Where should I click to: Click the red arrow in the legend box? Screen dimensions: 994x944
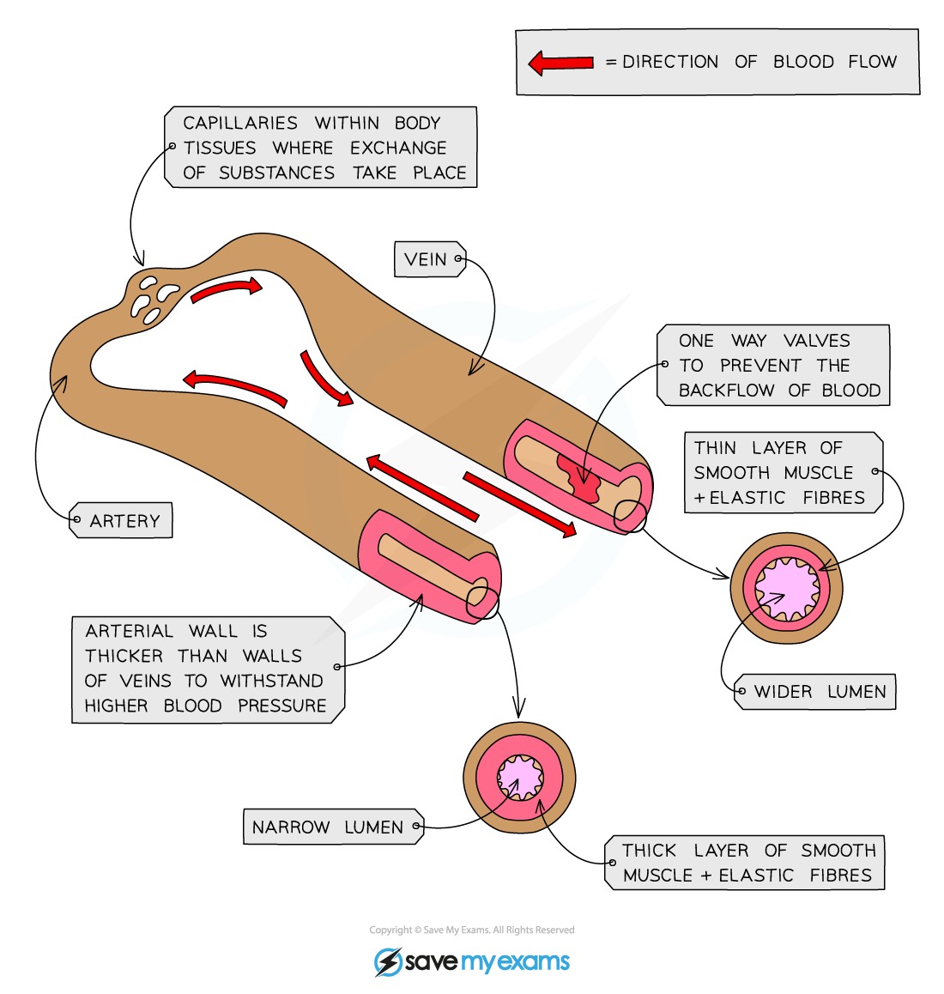(x=561, y=63)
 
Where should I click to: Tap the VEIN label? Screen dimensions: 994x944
(x=427, y=259)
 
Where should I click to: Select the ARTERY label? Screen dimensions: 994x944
(x=124, y=521)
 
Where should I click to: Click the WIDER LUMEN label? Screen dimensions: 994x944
(x=820, y=692)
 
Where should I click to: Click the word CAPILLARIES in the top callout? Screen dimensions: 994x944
(x=240, y=123)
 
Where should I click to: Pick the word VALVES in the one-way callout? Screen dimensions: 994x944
(x=817, y=341)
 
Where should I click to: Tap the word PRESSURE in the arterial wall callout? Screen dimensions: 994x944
(x=282, y=706)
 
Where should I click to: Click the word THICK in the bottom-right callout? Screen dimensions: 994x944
(x=650, y=851)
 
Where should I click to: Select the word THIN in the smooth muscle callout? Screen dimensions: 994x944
(x=715, y=448)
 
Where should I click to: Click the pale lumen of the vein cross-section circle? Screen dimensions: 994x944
(x=787, y=589)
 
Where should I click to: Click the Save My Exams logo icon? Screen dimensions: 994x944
(x=388, y=961)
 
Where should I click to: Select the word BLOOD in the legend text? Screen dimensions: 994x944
(x=803, y=62)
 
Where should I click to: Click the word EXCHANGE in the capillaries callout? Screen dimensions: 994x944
(x=398, y=148)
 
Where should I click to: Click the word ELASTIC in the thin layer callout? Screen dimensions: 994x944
(x=747, y=498)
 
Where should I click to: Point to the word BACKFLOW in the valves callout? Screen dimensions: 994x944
(x=726, y=391)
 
